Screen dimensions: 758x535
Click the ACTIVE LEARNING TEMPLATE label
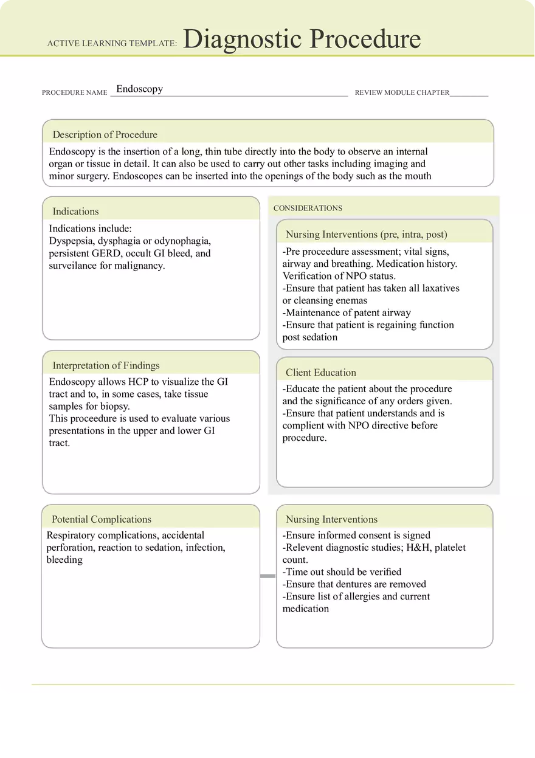pos(112,44)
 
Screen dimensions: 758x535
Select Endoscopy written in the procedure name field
pos(139,89)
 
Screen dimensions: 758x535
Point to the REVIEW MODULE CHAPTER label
pos(402,93)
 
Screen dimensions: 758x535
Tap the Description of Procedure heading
pos(105,135)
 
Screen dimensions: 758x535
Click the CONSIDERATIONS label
pos(308,208)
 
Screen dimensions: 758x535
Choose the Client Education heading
pos(321,373)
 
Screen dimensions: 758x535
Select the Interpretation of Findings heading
pos(106,365)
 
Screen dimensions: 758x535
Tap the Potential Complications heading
pos(102,519)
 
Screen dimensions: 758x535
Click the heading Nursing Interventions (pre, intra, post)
pos(366,234)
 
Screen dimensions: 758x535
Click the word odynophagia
pos(182,241)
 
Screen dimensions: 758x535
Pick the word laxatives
pos(440,288)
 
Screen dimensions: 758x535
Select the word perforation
pos(71,547)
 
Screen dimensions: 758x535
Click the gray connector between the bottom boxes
pos(267,576)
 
